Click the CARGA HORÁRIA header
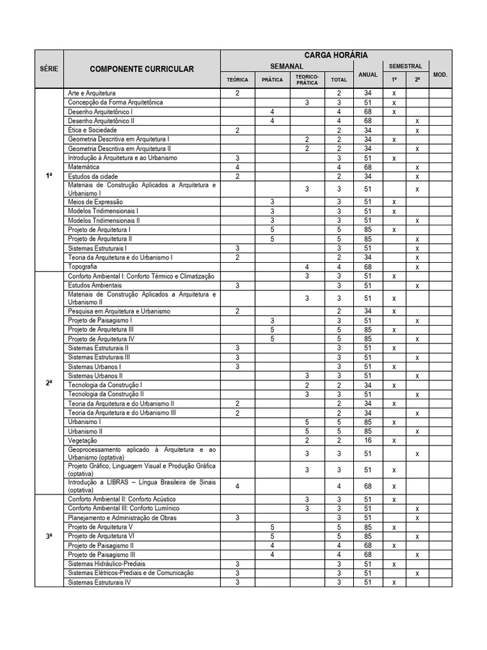click(x=336, y=56)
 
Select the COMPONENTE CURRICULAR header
click(x=141, y=69)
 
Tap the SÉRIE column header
click(x=49, y=69)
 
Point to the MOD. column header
click(x=440, y=75)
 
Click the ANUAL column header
click(x=368, y=75)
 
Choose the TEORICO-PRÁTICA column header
click(x=307, y=79)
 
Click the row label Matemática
click(x=84, y=167)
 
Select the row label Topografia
click(x=83, y=267)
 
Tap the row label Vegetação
click(x=82, y=441)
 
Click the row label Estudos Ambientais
click(x=94, y=286)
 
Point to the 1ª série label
click(x=49, y=176)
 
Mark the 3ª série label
click(x=49, y=536)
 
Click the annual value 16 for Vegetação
click(x=368, y=441)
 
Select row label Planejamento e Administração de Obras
click(x=123, y=518)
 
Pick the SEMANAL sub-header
click(x=287, y=66)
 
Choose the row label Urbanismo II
click(x=85, y=431)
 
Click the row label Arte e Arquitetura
click(x=92, y=93)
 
